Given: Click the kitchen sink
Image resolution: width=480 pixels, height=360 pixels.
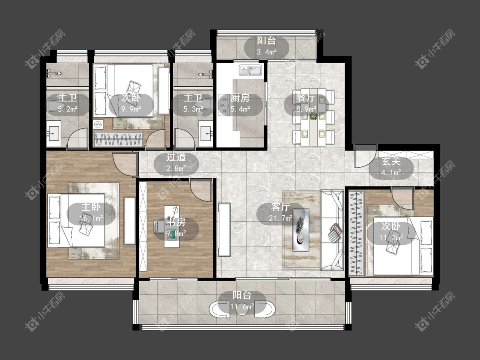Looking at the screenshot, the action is tap(250, 70).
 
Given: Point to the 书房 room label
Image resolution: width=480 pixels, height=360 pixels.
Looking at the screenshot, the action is tap(176, 222).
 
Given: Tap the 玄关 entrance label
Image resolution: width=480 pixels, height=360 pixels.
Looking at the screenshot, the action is tap(391, 161).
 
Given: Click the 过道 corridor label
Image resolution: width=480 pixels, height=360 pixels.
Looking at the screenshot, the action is tap(176, 157).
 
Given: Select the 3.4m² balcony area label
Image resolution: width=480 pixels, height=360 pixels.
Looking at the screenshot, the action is tap(267, 52).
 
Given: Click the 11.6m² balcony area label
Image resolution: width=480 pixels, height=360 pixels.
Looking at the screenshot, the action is tap(242, 306).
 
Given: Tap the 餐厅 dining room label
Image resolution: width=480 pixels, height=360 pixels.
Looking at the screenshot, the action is tap(305, 98).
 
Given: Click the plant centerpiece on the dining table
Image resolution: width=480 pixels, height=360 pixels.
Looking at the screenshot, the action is tap(313, 116).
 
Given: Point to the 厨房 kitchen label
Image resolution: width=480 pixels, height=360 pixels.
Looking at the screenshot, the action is tap(240, 98).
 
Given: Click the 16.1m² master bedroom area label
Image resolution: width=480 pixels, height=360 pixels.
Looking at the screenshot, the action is tap(91, 218).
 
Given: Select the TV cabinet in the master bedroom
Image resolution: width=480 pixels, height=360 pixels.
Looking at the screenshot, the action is tap(129, 221).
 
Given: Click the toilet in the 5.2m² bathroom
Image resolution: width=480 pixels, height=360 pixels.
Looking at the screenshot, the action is tap(55, 106).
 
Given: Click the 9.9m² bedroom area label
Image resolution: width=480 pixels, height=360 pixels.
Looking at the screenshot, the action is tap(131, 109).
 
